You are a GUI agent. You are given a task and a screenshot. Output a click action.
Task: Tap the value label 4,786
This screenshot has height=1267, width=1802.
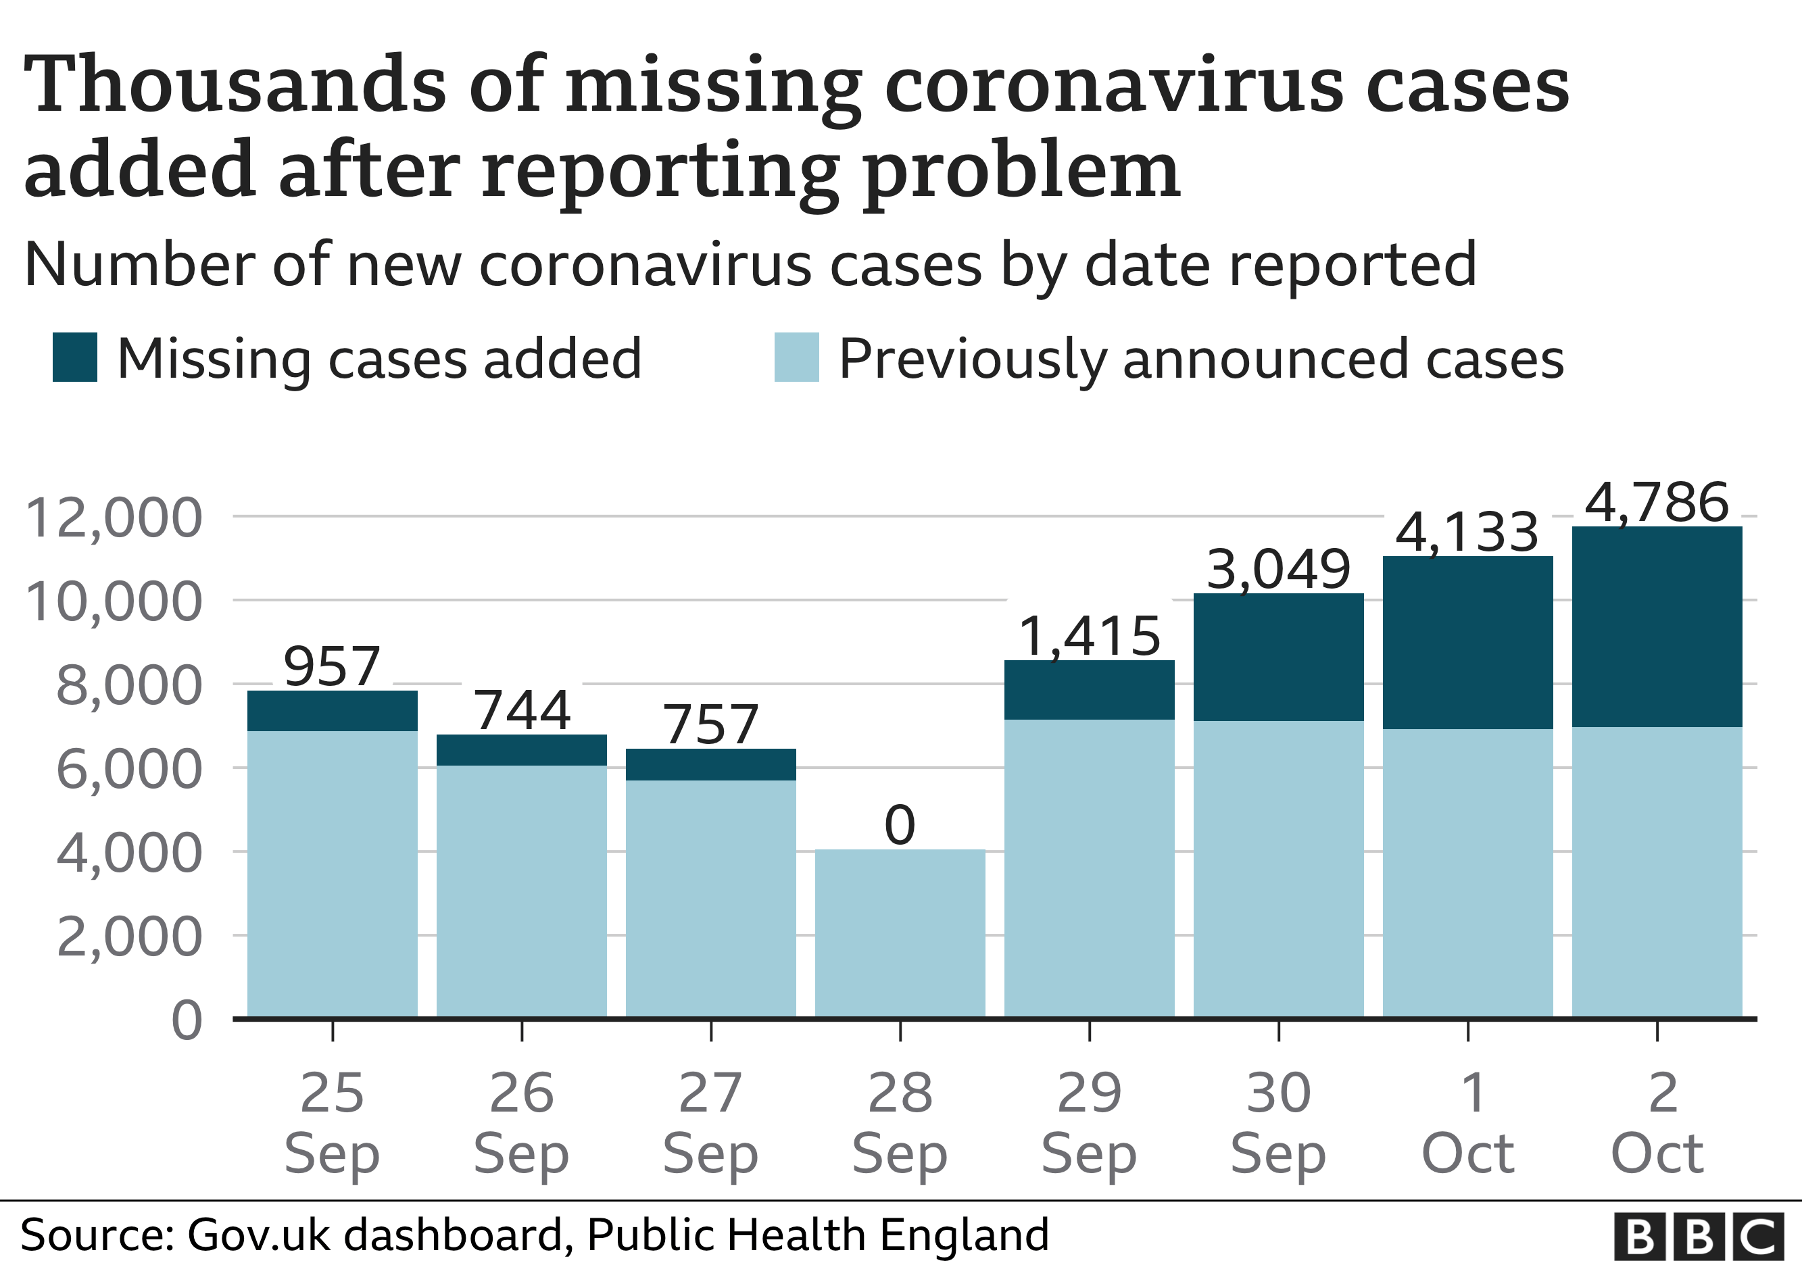coord(1657,502)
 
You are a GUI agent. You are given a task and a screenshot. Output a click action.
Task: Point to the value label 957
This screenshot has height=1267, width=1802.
coord(332,667)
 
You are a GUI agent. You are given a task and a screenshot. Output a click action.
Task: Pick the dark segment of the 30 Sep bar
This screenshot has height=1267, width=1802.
coord(1279,657)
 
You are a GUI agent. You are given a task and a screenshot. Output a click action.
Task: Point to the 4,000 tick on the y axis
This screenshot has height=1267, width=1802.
coord(130,853)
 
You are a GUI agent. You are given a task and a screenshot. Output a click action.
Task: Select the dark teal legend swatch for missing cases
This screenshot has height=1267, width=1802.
coord(74,357)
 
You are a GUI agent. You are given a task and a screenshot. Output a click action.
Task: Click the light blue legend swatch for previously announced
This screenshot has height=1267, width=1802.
coord(797,357)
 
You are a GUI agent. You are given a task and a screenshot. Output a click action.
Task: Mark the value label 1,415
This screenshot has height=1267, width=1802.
coord(1090,637)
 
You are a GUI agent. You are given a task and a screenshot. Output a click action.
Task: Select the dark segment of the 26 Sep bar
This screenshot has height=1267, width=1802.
coord(521,750)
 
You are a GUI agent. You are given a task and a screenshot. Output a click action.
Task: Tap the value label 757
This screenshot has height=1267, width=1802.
coord(711,724)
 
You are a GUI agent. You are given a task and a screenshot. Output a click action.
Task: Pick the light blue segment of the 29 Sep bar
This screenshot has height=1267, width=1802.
coord(1090,868)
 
